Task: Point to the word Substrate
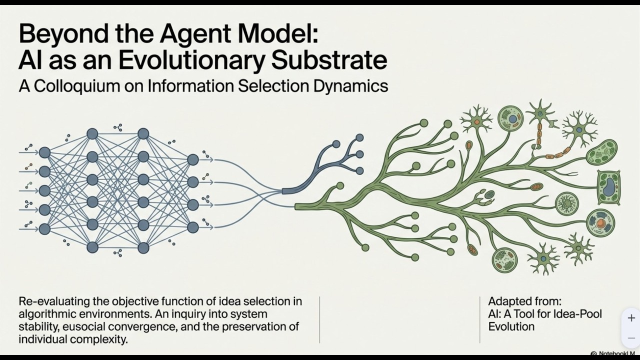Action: click(x=329, y=60)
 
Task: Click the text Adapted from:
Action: click(x=524, y=301)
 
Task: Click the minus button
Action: click(x=631, y=338)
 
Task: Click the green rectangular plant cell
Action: click(x=608, y=187)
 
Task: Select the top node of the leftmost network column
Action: click(x=44, y=152)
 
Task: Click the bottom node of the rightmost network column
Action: click(x=193, y=227)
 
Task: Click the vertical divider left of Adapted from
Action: click(x=479, y=320)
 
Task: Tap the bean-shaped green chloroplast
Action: click(x=602, y=152)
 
